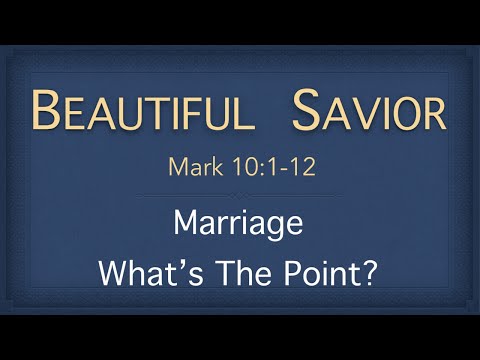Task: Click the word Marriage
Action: [238, 222]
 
